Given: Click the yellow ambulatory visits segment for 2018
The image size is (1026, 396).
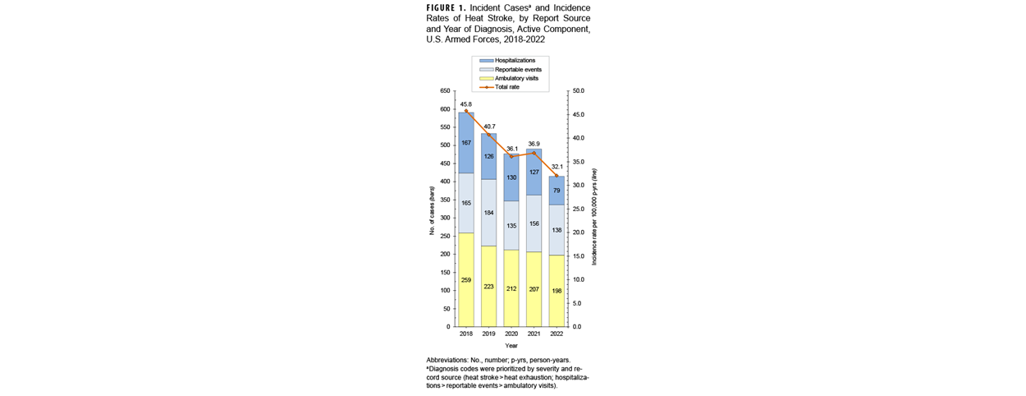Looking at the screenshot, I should [466, 279].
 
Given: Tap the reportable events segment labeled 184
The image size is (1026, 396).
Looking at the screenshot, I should [488, 213].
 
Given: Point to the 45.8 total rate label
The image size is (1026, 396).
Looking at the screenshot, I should [465, 104].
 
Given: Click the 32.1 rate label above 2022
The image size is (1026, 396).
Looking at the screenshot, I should [556, 166].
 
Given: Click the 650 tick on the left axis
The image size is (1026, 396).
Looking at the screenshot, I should [443, 91].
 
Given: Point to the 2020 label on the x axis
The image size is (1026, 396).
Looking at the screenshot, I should [511, 334].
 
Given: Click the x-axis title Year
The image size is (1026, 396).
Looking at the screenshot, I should [511, 345].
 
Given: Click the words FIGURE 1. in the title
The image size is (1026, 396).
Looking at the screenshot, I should [447, 7].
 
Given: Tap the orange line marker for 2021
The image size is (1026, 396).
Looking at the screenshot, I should [534, 153].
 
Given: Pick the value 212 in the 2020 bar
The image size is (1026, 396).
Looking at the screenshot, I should [511, 288].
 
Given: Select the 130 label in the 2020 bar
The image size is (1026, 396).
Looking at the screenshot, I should [511, 177].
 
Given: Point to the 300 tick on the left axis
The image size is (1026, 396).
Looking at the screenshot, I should [443, 219].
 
